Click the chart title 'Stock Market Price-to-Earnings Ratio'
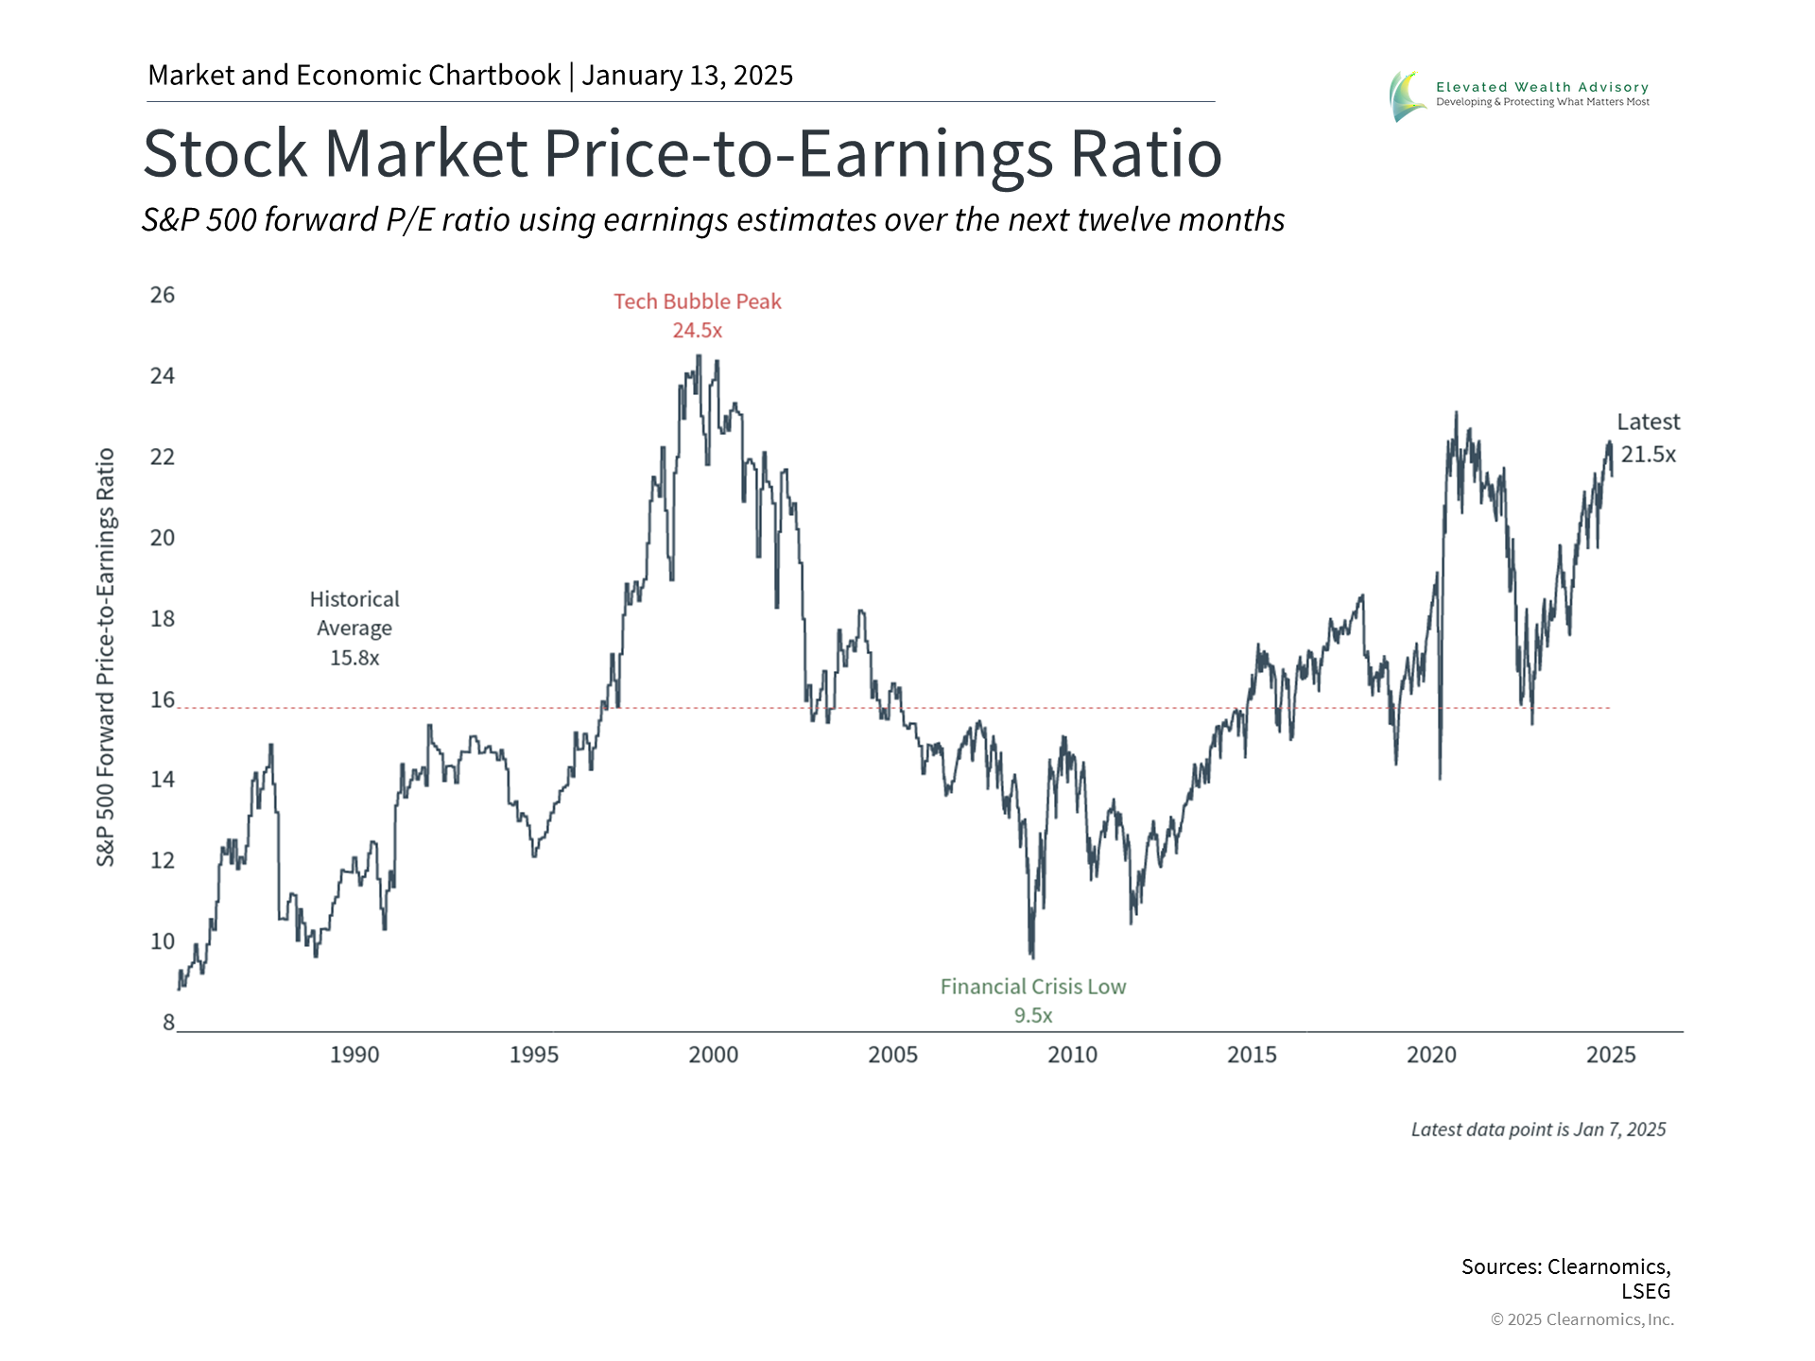tap(682, 153)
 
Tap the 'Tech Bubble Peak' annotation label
tap(698, 301)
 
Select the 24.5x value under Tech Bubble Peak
tap(698, 331)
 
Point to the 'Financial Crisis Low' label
tap(1033, 987)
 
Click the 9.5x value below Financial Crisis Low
tap(1033, 1016)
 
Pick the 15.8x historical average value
tap(354, 658)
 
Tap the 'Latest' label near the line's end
tap(1648, 422)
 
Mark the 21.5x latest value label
tap(1649, 455)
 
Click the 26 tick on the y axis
tap(163, 295)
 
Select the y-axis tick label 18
tap(163, 619)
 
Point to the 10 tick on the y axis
tap(163, 941)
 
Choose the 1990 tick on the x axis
tap(354, 1055)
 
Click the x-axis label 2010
tap(1072, 1055)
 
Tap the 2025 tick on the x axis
tap(1611, 1055)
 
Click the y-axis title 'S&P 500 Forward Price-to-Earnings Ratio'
tap(105, 657)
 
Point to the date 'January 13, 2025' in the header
tap(687, 76)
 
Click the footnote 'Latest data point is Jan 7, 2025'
tap(1538, 1129)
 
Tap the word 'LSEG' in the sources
tap(1646, 1291)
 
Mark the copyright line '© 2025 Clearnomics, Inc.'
tap(1582, 1319)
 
